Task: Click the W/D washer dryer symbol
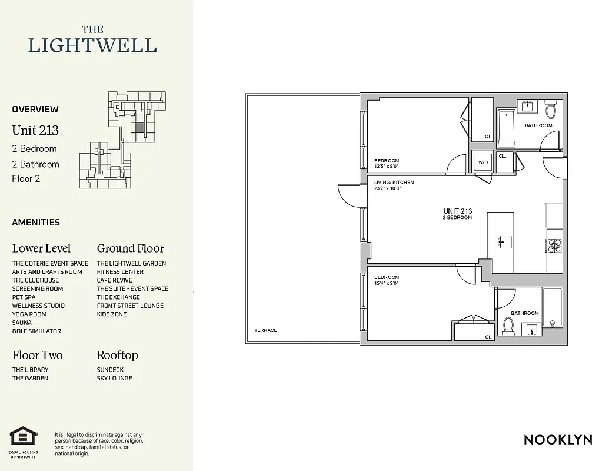click(x=483, y=162)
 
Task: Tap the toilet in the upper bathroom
click(x=551, y=110)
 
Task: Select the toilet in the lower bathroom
click(x=508, y=326)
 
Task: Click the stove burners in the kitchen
click(x=554, y=246)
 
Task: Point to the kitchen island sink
click(x=505, y=241)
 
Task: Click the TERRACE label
click(x=265, y=330)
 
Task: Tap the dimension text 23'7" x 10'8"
click(x=387, y=188)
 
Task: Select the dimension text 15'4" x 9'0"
click(x=387, y=283)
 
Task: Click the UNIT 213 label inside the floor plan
click(x=457, y=211)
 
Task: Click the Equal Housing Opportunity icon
click(x=24, y=436)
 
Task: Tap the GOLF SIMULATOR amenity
click(x=36, y=331)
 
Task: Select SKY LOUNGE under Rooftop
click(x=114, y=379)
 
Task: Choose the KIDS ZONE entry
click(x=112, y=314)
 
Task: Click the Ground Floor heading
click(x=130, y=248)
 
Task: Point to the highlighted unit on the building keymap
click(x=139, y=127)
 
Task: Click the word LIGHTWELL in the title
click(x=92, y=45)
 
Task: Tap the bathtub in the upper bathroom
click(x=506, y=128)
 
